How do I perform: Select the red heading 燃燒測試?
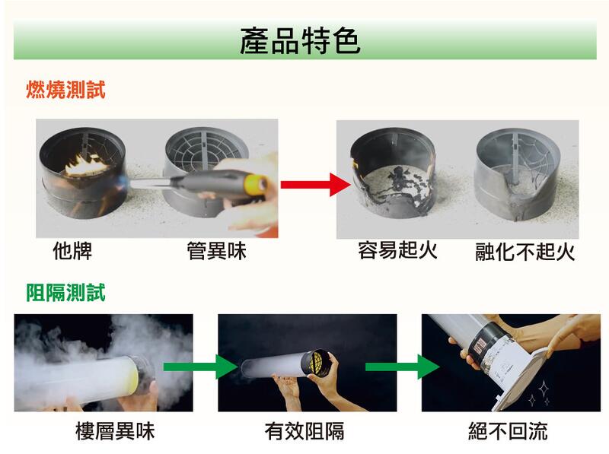[65, 90]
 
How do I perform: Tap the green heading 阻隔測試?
[65, 292]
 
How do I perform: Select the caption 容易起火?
[397, 250]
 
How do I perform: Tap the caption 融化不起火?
[525, 252]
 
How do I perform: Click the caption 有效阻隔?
[304, 431]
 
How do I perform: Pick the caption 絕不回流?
[508, 431]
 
